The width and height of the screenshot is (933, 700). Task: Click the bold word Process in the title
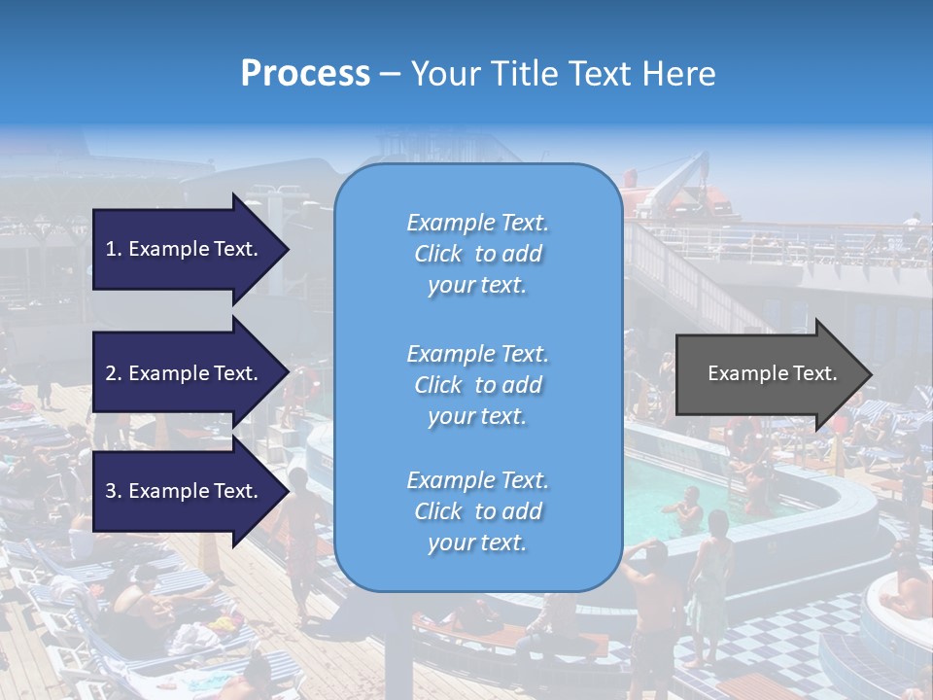tap(305, 74)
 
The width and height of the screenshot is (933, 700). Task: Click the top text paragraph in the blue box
tap(477, 254)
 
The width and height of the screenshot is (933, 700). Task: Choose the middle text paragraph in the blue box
tap(477, 385)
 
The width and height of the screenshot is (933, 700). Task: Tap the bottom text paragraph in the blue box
tap(477, 511)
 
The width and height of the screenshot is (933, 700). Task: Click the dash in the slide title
tap(391, 74)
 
